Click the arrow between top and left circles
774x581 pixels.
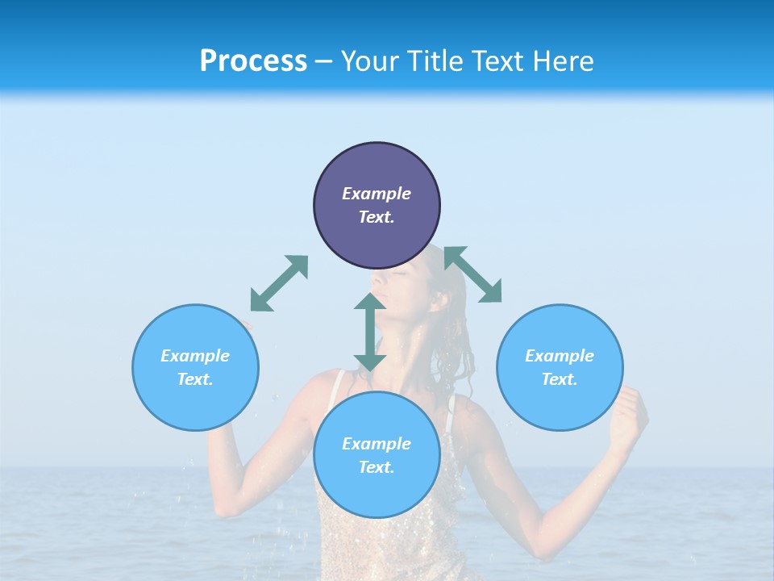coord(279,283)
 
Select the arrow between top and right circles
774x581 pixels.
coord(473,274)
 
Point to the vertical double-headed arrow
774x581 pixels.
coord(370,332)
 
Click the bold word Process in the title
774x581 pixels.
coord(253,61)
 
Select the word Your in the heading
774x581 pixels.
coord(370,61)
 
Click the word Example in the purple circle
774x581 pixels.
coord(377,194)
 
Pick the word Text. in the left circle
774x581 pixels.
coord(195,379)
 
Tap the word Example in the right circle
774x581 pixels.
coord(560,356)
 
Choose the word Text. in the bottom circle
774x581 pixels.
coord(377,467)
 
